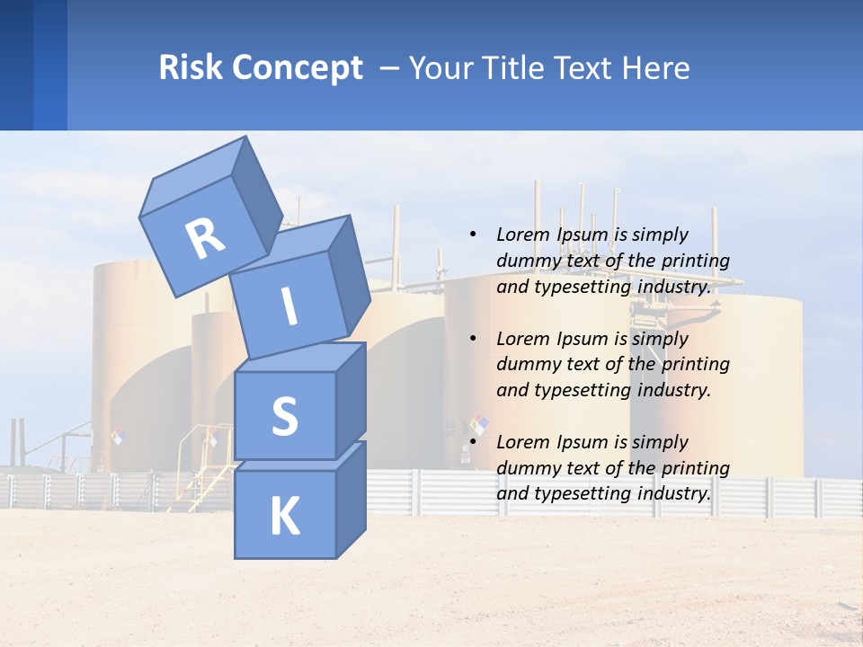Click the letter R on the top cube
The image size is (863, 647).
pyautogui.click(x=205, y=238)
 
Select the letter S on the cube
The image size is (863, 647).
pyautogui.click(x=284, y=416)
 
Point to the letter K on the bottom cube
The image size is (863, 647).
pyautogui.click(x=284, y=517)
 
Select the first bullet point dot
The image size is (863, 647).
pyautogui.click(x=473, y=235)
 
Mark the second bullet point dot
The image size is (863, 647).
pyautogui.click(x=473, y=339)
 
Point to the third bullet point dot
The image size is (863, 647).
pyautogui.click(x=473, y=442)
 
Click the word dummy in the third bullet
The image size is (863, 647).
pyautogui.click(x=527, y=468)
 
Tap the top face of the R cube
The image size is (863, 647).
pyautogui.click(x=191, y=176)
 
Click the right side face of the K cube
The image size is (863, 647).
pyautogui.click(x=351, y=500)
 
